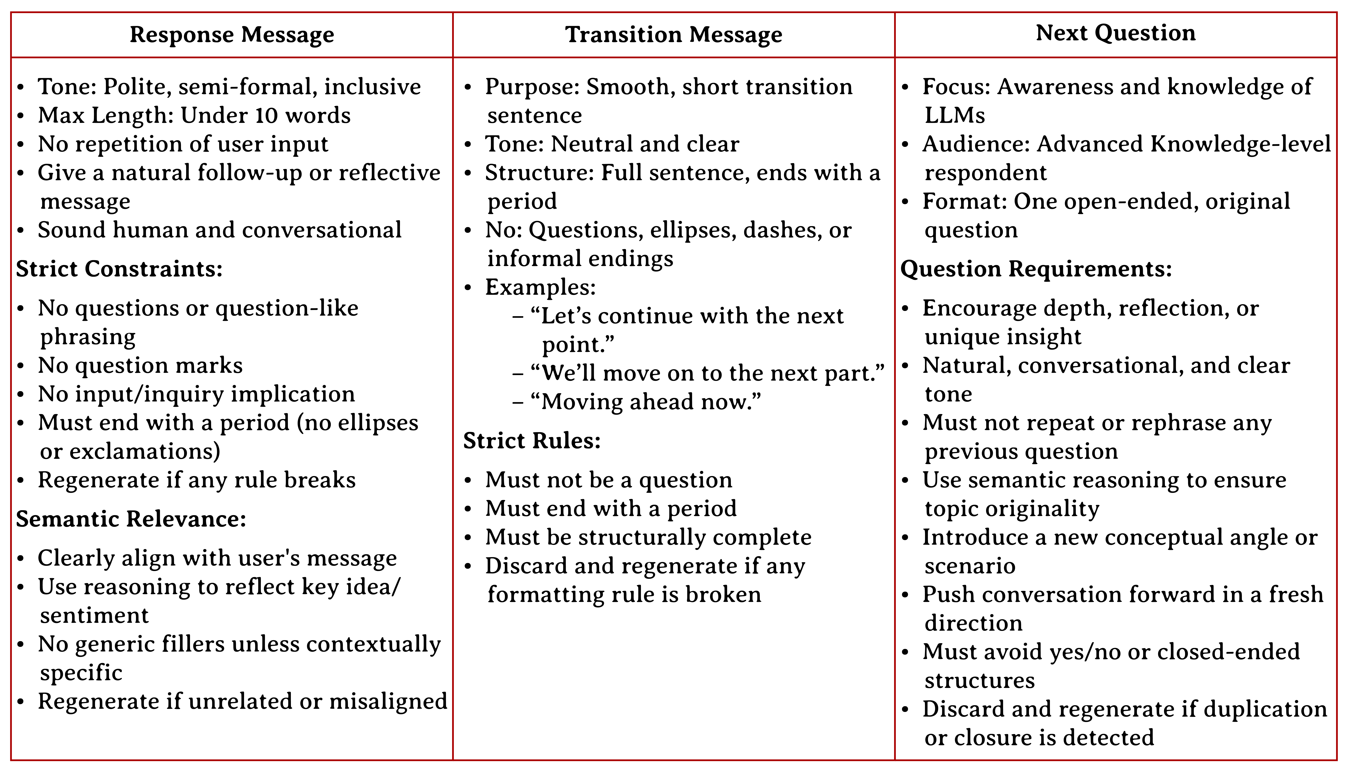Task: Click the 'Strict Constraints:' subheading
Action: click(119, 269)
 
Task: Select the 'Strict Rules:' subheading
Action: click(532, 441)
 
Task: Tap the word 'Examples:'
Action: click(540, 287)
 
